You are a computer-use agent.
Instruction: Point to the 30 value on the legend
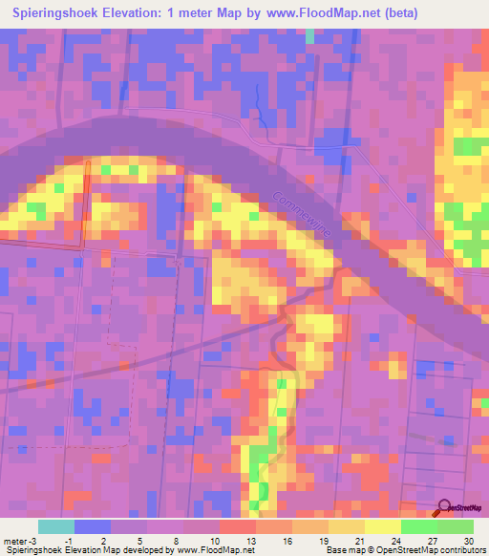click(x=468, y=540)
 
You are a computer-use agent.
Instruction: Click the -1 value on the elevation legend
click(x=68, y=540)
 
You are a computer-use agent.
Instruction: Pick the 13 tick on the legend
click(x=250, y=540)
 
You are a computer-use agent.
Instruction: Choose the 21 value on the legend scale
click(x=359, y=540)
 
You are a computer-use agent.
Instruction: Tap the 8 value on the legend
click(x=178, y=540)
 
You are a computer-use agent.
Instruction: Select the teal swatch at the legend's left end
click(x=55, y=526)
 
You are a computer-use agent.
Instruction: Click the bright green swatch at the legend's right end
click(x=455, y=526)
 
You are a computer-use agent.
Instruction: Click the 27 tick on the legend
click(x=432, y=540)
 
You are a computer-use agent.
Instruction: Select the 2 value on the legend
click(x=104, y=540)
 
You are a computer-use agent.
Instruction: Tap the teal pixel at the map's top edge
click(x=309, y=35)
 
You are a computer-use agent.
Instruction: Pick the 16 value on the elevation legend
click(x=287, y=540)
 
